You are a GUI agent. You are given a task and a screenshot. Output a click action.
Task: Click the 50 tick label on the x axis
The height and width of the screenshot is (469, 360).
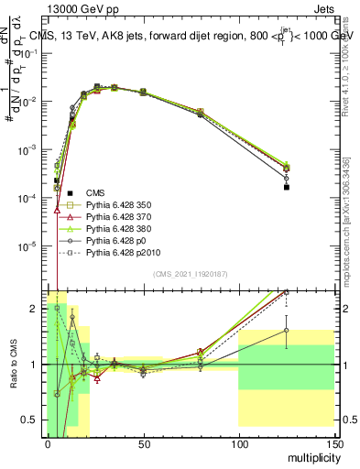[143, 443]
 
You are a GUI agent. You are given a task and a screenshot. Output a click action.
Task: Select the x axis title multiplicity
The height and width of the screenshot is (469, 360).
[309, 456]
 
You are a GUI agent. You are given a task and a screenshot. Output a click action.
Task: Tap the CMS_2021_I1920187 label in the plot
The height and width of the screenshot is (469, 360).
[190, 274]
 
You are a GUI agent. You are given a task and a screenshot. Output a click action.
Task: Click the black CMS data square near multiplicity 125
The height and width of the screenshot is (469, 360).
[287, 187]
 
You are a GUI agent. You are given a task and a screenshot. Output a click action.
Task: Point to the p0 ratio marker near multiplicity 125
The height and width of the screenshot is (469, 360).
[287, 330]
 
